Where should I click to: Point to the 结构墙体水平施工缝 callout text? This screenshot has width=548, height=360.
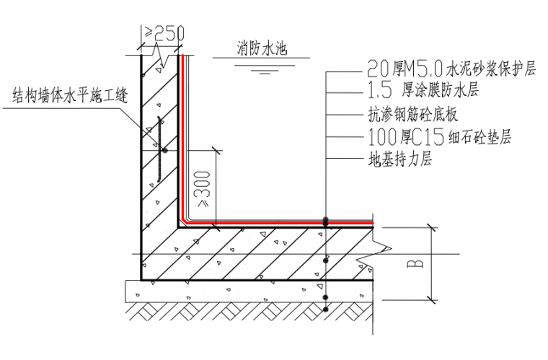(70, 95)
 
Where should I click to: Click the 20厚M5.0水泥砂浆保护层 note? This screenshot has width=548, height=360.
(451, 70)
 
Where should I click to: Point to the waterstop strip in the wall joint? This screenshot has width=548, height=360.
(156, 151)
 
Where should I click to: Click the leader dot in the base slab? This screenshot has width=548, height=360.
(326, 258)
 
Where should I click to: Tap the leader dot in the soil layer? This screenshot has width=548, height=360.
(326, 309)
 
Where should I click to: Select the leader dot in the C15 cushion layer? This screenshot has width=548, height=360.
(326, 296)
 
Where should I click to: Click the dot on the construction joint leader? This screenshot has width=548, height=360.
(164, 151)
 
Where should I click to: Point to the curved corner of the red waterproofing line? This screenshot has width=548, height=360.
(187, 221)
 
